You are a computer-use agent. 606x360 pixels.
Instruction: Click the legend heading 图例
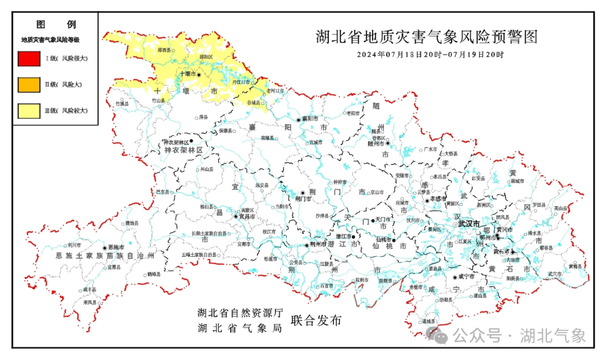coord(56,25)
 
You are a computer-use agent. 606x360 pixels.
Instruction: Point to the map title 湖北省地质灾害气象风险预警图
coord(426,38)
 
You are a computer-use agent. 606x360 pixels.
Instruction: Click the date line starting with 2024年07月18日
coord(430,55)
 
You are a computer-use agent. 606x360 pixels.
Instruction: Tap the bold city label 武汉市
coord(469,224)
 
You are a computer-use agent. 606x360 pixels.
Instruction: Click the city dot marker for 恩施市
coord(104,247)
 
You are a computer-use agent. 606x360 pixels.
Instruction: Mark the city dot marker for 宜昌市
coord(236,216)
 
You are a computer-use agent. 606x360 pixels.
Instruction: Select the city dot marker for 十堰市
coord(198,74)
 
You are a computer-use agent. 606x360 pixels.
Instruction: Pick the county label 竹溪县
coord(122,104)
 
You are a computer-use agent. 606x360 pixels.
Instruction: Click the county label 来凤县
coord(90,302)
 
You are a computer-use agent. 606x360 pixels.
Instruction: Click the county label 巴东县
coord(163,192)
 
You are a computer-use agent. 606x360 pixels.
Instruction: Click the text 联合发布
coord(316,321)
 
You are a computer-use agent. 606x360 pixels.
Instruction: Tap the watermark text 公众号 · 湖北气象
coord(519,336)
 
